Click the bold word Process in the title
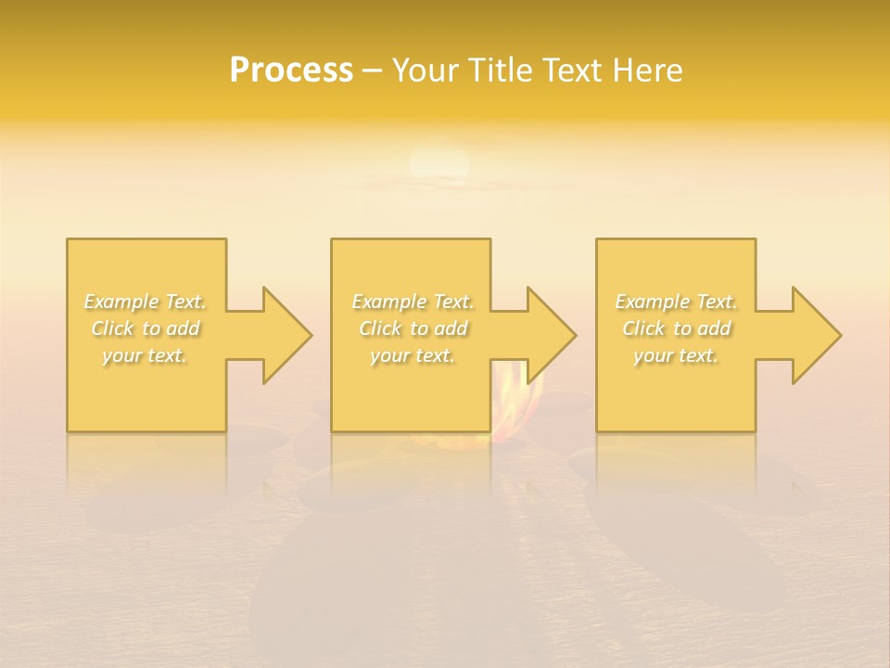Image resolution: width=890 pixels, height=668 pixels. click(291, 71)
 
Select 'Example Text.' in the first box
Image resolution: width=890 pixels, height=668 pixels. click(146, 302)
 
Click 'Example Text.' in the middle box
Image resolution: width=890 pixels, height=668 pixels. click(413, 302)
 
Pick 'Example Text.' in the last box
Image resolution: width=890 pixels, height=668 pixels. click(676, 302)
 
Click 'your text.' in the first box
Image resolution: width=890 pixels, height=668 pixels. click(146, 355)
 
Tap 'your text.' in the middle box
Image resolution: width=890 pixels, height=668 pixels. click(413, 355)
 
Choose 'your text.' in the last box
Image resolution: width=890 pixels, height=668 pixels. click(676, 355)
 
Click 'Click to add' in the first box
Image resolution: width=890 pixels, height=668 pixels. click(146, 328)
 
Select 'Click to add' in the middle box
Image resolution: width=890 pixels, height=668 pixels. click(413, 328)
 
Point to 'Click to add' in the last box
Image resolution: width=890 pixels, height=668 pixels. click(676, 328)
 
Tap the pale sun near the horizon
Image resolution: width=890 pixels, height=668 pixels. click(439, 162)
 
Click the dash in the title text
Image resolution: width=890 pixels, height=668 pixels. click(372, 71)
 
